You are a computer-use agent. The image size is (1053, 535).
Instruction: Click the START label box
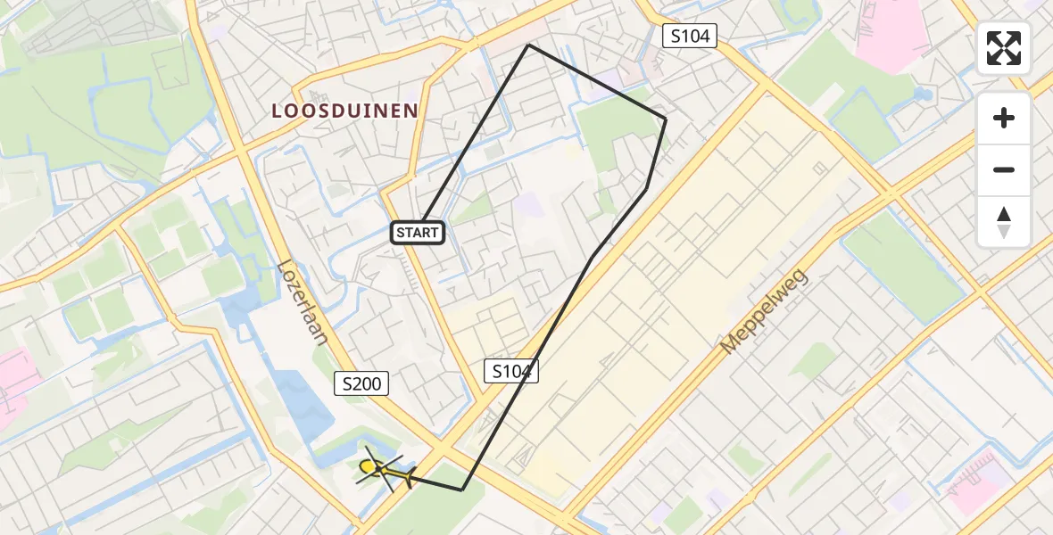(418, 234)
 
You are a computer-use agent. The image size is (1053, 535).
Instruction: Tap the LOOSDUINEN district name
(345, 111)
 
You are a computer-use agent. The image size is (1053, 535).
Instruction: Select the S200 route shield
(361, 384)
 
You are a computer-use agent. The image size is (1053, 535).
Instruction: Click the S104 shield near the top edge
(689, 36)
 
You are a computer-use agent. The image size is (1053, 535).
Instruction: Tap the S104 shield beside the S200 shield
(511, 372)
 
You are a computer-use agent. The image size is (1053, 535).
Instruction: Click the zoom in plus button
(1004, 118)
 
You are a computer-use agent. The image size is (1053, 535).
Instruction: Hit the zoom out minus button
(1004, 169)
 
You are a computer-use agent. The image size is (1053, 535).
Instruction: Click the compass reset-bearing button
(1004, 221)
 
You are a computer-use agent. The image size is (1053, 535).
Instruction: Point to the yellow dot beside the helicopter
(367, 466)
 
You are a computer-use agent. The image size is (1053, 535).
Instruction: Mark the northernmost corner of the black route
(528, 45)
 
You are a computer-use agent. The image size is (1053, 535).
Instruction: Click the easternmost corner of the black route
(666, 119)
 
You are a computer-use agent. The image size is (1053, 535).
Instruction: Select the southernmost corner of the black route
(462, 490)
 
